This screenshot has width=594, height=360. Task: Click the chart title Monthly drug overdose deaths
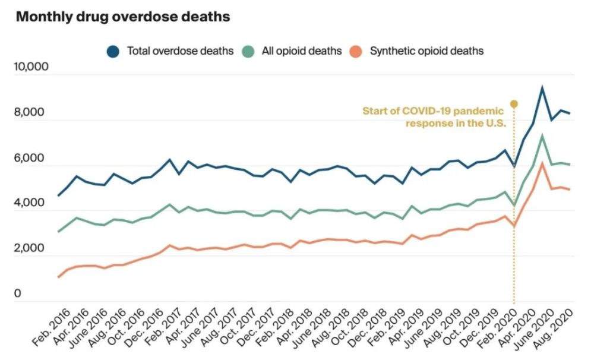[122, 17]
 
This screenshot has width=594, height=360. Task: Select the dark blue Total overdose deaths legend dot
[113, 51]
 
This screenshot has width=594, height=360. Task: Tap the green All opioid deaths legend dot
[248, 51]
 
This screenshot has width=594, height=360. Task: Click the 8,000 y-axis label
[31, 113]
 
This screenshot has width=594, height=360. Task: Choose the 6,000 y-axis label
[31, 159]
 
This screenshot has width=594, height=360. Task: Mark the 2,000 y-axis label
[31, 248]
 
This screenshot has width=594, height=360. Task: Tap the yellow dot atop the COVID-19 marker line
[514, 104]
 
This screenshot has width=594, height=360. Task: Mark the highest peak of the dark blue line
[542, 88]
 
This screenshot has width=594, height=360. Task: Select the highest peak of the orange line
[542, 163]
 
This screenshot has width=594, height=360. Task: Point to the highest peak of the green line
[542, 136]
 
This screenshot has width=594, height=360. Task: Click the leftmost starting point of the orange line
[58, 277]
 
